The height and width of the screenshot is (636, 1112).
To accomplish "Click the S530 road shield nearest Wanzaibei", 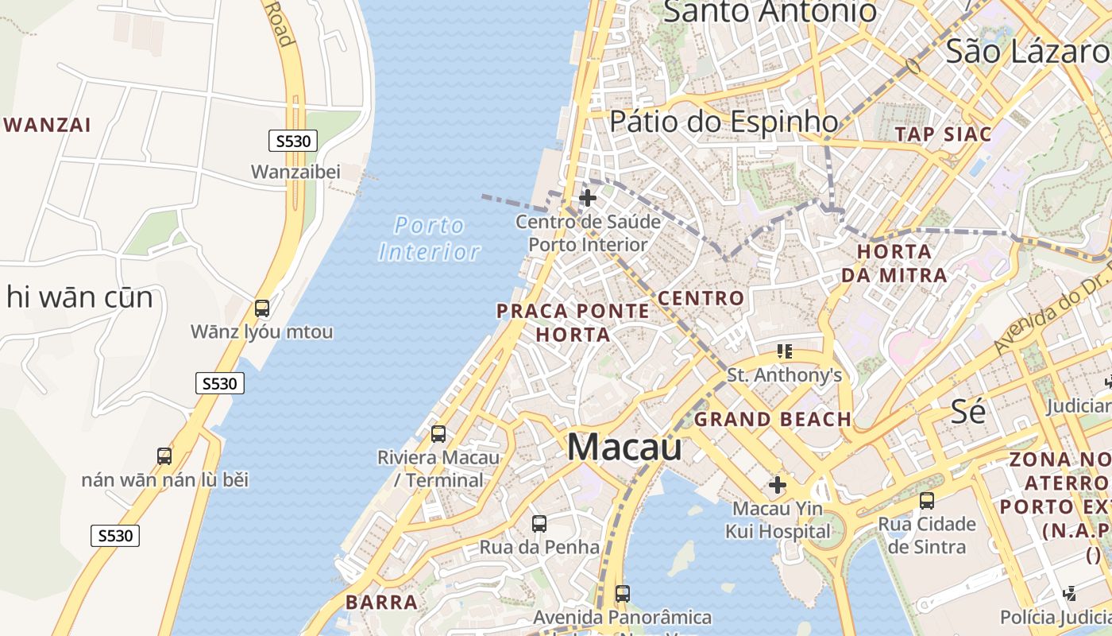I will pyautogui.click(x=293, y=142).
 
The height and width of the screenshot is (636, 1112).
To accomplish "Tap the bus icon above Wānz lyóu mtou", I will pyautogui.click(x=261, y=308).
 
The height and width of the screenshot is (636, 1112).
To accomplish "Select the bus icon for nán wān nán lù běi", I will pyautogui.click(x=164, y=456).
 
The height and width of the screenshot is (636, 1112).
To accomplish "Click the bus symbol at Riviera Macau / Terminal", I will pyautogui.click(x=438, y=434).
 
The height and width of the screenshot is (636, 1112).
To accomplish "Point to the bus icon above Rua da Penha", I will pyautogui.click(x=539, y=524).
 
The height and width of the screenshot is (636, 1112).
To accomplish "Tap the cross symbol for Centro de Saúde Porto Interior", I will pyautogui.click(x=588, y=198).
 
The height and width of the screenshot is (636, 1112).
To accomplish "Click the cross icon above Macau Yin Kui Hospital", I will pyautogui.click(x=778, y=484).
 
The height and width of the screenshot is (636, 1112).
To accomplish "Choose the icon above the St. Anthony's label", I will pyautogui.click(x=785, y=351).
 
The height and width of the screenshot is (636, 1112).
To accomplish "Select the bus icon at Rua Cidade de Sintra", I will pyautogui.click(x=926, y=501).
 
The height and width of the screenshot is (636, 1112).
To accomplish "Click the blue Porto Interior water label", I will pyautogui.click(x=430, y=238).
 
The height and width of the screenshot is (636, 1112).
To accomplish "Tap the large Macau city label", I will pyautogui.click(x=624, y=447).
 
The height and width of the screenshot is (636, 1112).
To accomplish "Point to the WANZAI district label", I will pyautogui.click(x=48, y=125).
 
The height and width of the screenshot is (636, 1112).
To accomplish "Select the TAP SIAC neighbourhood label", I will pyautogui.click(x=944, y=134).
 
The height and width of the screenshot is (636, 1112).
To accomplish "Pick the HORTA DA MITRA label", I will pyautogui.click(x=894, y=263).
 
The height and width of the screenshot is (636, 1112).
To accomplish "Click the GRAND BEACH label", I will pyautogui.click(x=772, y=419).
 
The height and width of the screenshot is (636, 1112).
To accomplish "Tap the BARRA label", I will pyautogui.click(x=382, y=602).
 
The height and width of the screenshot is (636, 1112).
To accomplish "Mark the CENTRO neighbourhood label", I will pyautogui.click(x=701, y=299).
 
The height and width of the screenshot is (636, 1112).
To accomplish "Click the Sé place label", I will pyautogui.click(x=968, y=411).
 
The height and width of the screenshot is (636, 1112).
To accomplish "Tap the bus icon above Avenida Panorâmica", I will pyautogui.click(x=623, y=594).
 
